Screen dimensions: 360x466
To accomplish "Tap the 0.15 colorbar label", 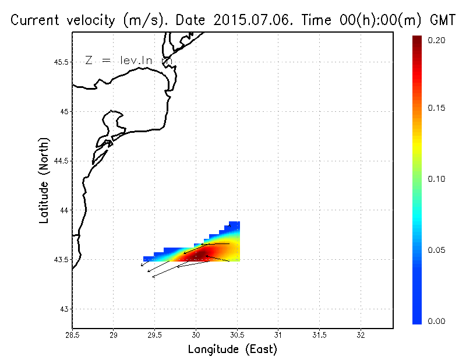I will click(437, 108).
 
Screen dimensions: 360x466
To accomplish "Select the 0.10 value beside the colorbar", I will click(437, 179).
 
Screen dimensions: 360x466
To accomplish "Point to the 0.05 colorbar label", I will click(437, 250).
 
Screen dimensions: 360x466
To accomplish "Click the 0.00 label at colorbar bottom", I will click(437, 321).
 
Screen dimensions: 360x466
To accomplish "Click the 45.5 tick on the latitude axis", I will click(60, 62).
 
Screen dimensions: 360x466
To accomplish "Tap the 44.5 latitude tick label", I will click(60, 161).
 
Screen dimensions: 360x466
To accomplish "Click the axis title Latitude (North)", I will click(44, 181).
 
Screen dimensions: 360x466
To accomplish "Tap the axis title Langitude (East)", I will click(232, 350).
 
